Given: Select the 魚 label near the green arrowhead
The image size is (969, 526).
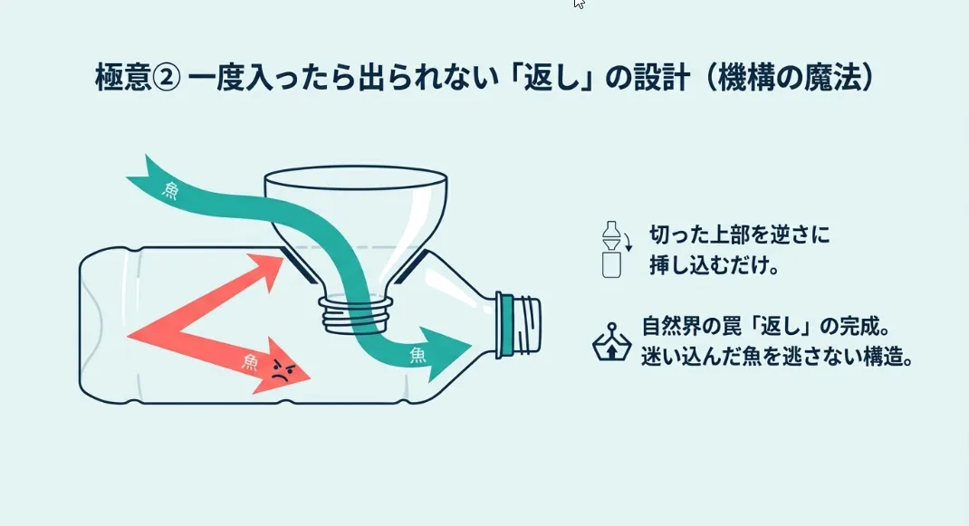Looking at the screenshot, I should (417, 352).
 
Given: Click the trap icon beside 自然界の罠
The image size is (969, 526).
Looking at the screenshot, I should (611, 341).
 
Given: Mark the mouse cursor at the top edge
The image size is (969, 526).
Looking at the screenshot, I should (579, 4).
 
